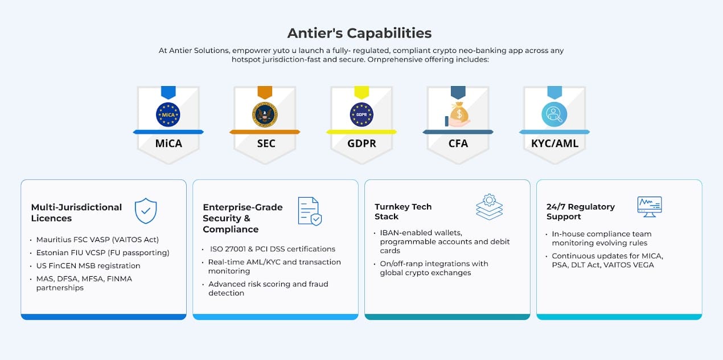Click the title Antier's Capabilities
pos(359,33)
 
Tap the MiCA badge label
pos(169,144)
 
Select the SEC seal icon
pos(265,114)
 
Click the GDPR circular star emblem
pos(362,114)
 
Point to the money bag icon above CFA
pos(458,114)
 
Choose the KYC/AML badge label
pos(554,144)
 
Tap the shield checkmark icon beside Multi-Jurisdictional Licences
pos(146,210)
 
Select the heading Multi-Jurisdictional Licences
pos(76,212)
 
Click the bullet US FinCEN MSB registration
pos(88,265)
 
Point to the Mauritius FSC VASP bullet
pos(97,240)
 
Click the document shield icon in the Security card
pos(310,211)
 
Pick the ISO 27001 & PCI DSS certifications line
pos(273,249)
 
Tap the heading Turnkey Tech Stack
pos(403,211)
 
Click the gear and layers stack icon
pos(489,207)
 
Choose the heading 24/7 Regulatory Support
pos(581,211)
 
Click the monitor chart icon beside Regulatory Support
pos(649,206)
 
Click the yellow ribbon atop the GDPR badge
pos(362,92)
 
